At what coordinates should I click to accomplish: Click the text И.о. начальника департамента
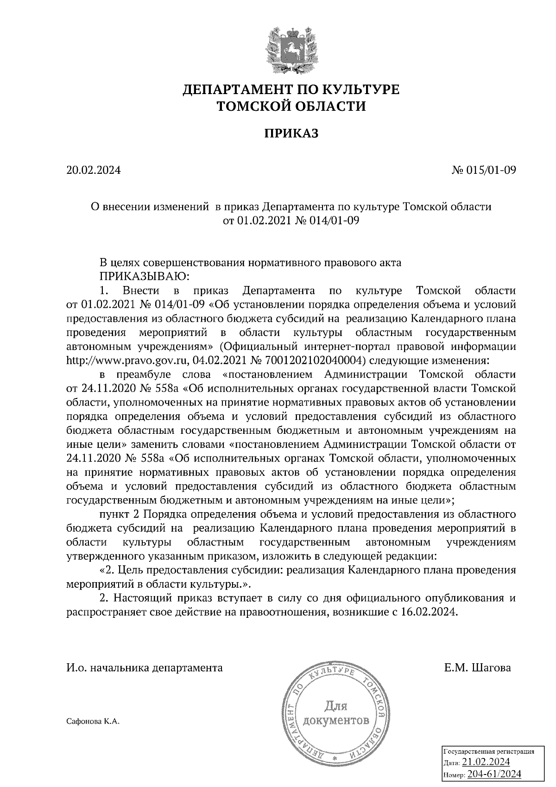click(145, 668)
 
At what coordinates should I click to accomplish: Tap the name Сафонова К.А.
click(93, 722)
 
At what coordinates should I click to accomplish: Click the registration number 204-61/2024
click(494, 774)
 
